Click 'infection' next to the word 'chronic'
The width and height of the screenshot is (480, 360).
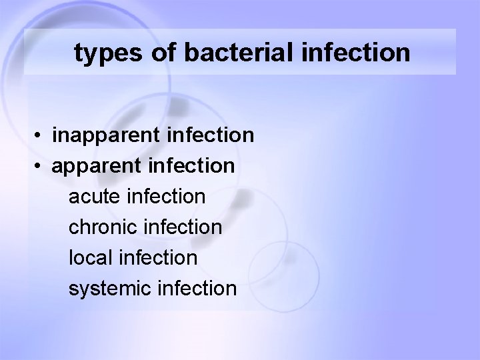click(189, 227)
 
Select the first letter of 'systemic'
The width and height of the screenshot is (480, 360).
click(72, 289)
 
